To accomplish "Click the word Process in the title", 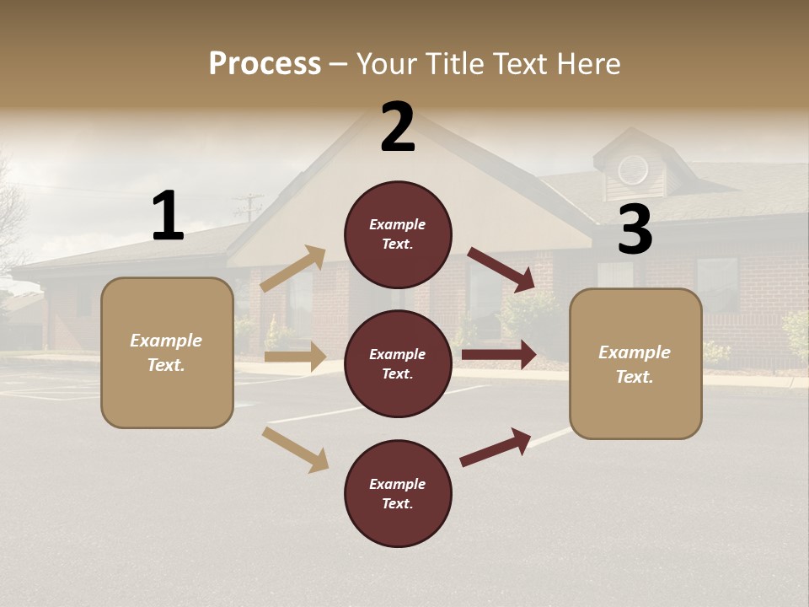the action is point(265,63).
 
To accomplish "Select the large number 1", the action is point(168,216).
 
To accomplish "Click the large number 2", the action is point(398,127).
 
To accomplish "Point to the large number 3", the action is point(635,229).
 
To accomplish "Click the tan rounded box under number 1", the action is point(167,352).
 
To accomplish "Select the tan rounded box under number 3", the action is point(635,364).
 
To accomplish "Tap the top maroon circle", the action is point(398,234).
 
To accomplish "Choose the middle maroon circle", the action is point(398,364).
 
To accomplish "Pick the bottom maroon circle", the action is point(398,494).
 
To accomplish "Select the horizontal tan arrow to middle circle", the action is point(295,357).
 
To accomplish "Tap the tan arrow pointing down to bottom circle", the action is point(296,449).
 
